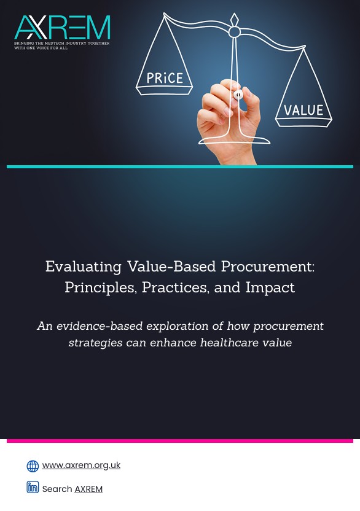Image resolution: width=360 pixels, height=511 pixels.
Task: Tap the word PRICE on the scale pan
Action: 165,78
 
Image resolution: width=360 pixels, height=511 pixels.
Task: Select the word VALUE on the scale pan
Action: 303,110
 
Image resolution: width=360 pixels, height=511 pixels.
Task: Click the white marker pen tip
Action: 238,95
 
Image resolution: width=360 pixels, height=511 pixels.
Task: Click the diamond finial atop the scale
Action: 235,20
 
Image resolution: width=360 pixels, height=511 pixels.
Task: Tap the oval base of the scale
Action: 235,141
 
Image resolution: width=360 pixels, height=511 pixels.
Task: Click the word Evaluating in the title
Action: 84,267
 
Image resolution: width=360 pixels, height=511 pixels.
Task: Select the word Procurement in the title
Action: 268,267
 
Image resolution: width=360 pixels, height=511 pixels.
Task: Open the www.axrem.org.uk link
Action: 81,466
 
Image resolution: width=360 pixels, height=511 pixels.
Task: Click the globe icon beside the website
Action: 33,466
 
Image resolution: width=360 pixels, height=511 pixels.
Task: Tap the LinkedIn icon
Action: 33,487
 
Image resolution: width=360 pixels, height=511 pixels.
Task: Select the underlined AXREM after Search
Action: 88,489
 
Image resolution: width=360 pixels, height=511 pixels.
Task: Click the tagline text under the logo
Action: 62,45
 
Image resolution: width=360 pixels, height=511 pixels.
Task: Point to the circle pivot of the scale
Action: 234,32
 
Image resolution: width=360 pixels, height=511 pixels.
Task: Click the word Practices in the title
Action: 176,287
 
